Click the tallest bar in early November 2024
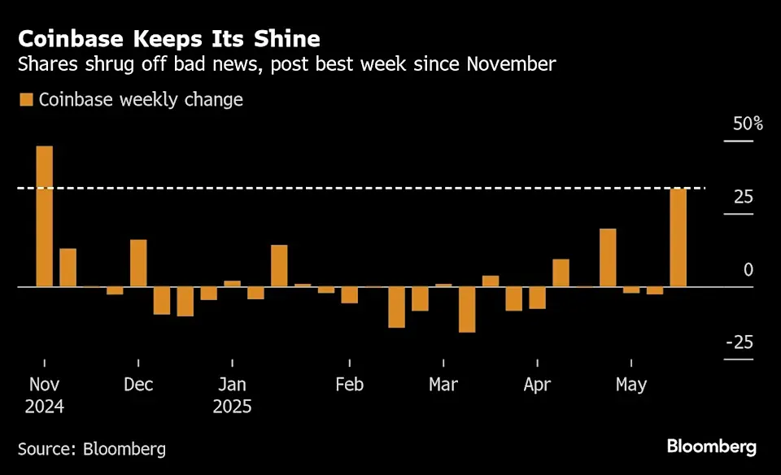(x=44, y=216)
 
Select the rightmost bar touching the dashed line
(x=678, y=237)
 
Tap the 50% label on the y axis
(x=748, y=124)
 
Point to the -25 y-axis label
(x=740, y=342)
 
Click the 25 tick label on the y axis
(x=743, y=198)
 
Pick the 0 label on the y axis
(x=748, y=270)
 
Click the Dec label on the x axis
(x=138, y=385)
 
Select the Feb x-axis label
(x=349, y=385)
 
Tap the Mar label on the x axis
(x=443, y=385)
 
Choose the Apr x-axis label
(x=537, y=385)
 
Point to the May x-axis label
(x=631, y=385)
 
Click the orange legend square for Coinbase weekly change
(x=26, y=100)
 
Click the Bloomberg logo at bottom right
(x=711, y=447)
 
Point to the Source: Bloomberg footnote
(x=92, y=448)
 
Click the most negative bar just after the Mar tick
(x=467, y=310)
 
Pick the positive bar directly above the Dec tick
(x=138, y=263)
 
